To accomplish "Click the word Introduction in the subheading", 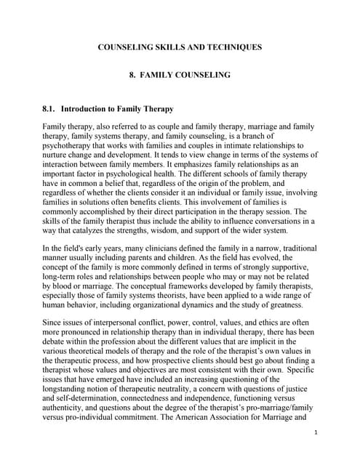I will click(87, 110).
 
